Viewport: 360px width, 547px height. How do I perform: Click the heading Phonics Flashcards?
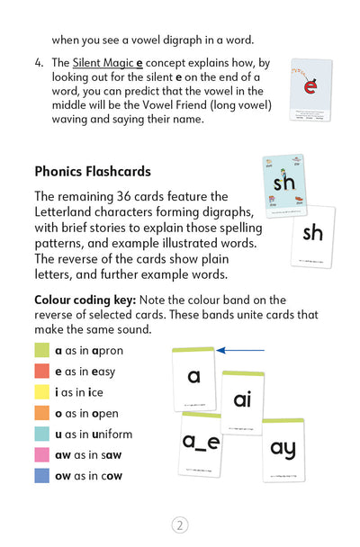tap(92, 171)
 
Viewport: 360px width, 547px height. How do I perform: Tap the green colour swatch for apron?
tap(41, 351)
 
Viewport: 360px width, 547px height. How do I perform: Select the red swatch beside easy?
tap(41, 372)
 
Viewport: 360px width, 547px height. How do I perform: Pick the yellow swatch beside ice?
tap(41, 392)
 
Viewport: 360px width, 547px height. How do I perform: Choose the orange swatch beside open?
tap(41, 413)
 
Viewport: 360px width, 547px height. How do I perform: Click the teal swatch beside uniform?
tap(41, 434)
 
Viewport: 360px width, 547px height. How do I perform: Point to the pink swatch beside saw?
tap(41, 454)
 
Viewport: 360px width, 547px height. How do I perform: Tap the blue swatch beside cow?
tap(41, 475)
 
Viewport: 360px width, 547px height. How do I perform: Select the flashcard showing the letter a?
tap(193, 378)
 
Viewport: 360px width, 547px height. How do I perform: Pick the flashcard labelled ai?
tap(242, 400)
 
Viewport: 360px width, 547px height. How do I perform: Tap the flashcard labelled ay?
tap(283, 447)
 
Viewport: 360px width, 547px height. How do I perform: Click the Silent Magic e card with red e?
tap(310, 90)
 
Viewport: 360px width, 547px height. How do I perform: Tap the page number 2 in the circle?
tap(180, 525)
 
